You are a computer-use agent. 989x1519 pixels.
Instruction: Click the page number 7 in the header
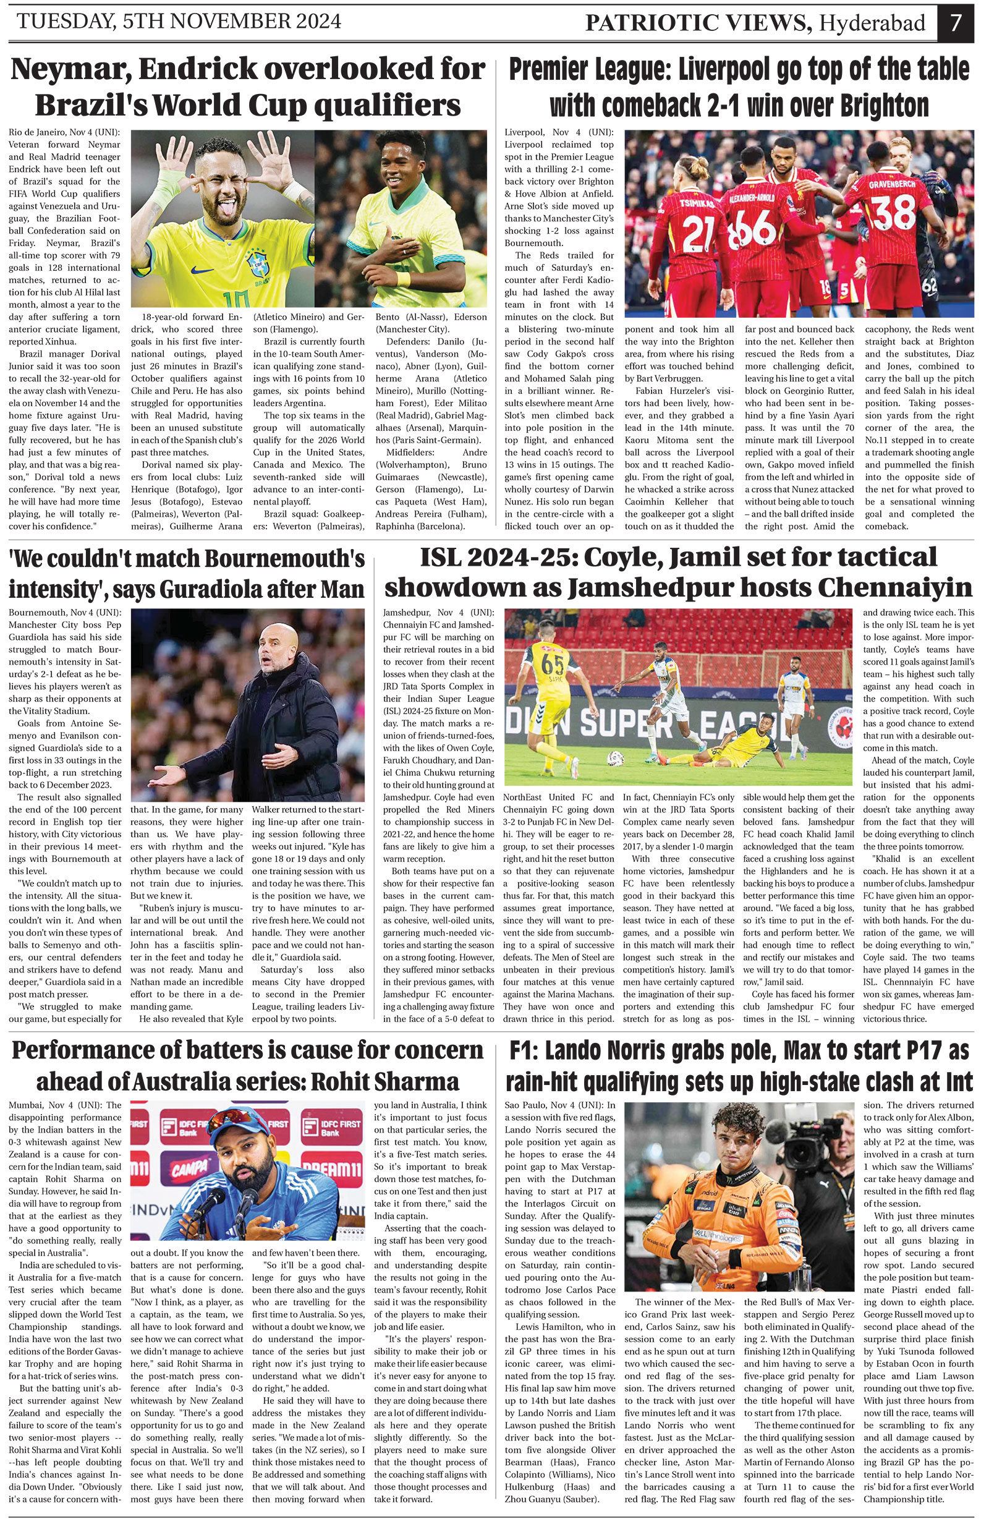pyautogui.click(x=955, y=23)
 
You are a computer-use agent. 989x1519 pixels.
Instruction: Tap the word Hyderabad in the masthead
pyautogui.click(x=872, y=23)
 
